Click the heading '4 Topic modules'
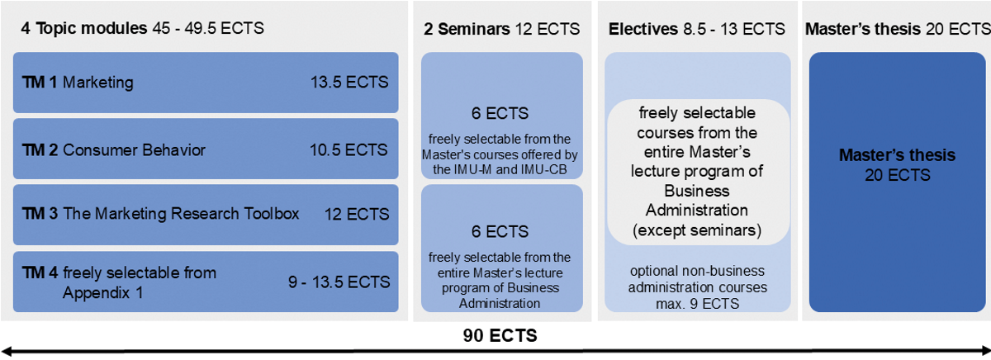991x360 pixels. click(x=84, y=28)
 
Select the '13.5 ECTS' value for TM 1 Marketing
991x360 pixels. click(x=349, y=83)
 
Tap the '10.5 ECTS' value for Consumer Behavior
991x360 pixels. click(x=349, y=150)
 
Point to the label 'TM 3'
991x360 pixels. click(x=40, y=214)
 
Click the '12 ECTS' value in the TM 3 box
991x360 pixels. click(x=357, y=215)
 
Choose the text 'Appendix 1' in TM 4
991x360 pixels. click(x=102, y=293)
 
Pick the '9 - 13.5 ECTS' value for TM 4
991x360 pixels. click(x=339, y=282)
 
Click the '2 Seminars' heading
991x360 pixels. click(x=467, y=29)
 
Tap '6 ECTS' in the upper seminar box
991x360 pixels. click(x=500, y=114)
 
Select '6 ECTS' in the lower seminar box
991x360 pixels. click(x=500, y=232)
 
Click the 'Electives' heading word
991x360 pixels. click(x=643, y=29)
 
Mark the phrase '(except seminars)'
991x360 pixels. click(x=697, y=230)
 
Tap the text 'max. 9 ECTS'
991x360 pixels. click(x=698, y=304)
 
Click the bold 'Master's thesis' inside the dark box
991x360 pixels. click(x=897, y=155)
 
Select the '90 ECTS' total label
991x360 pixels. click(x=500, y=336)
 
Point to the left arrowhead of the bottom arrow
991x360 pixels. click(x=7, y=352)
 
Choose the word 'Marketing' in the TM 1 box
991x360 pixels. click(x=98, y=83)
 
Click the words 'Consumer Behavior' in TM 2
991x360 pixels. click(x=134, y=150)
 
